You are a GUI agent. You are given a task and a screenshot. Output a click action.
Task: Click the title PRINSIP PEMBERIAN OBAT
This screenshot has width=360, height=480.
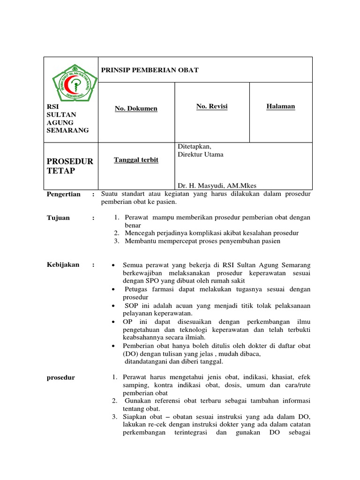pyautogui.click(x=150, y=70)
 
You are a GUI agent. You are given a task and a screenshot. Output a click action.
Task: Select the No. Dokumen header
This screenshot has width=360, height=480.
pyautogui.click(x=136, y=109)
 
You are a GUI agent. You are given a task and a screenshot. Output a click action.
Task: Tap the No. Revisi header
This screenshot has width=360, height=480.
pyautogui.click(x=212, y=106)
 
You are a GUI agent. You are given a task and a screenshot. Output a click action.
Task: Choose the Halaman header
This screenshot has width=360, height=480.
pyautogui.click(x=281, y=106)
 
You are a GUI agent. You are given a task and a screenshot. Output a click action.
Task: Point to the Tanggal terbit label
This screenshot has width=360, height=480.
pyautogui.click(x=136, y=160)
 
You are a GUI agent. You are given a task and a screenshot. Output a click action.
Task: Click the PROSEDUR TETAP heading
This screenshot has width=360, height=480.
pyautogui.click(x=70, y=166)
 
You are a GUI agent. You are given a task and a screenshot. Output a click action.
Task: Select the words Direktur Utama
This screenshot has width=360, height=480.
pyautogui.click(x=201, y=155)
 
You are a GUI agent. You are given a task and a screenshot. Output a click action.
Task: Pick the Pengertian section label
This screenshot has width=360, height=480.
pyautogui.click(x=64, y=194)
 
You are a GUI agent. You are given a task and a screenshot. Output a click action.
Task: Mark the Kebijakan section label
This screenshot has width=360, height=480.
pyautogui.click(x=61, y=265)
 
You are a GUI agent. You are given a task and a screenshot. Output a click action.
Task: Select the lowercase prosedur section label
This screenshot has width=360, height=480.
pyautogui.click(x=61, y=377)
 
